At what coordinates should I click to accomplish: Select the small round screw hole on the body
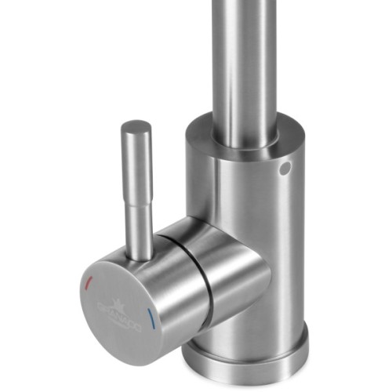pos(284,169)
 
